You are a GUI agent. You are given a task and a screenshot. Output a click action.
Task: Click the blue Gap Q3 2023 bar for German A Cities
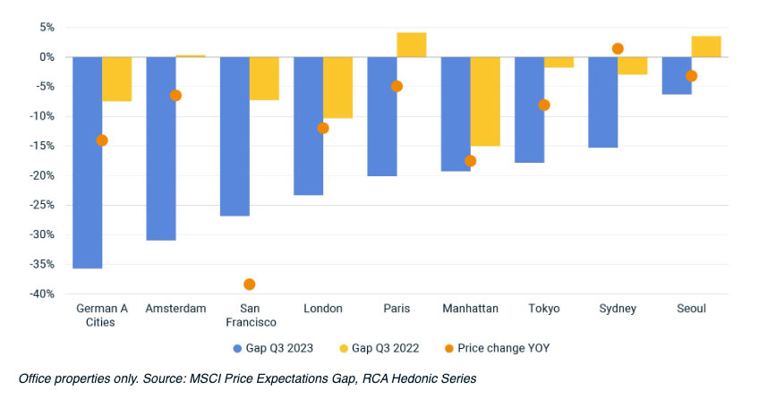(x=87, y=161)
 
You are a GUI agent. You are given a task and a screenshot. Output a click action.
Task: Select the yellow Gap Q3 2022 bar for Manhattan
(x=485, y=101)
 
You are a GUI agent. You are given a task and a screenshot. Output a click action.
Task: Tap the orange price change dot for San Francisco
(x=249, y=284)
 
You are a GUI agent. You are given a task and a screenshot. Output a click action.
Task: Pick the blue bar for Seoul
(x=677, y=75)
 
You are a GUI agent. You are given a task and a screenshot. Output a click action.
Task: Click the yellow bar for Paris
(x=412, y=45)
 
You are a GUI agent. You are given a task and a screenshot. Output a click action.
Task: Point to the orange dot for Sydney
(x=618, y=48)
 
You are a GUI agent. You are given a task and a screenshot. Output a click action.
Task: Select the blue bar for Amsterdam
(x=161, y=148)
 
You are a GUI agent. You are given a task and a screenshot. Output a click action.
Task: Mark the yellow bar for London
(x=338, y=87)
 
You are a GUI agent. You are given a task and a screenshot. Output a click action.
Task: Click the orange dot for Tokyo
(x=544, y=105)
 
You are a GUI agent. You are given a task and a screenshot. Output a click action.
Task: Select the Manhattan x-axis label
(x=470, y=309)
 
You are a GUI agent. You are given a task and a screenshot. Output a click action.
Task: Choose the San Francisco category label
(x=249, y=315)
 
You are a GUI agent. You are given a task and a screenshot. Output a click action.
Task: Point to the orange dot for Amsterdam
(x=175, y=96)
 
